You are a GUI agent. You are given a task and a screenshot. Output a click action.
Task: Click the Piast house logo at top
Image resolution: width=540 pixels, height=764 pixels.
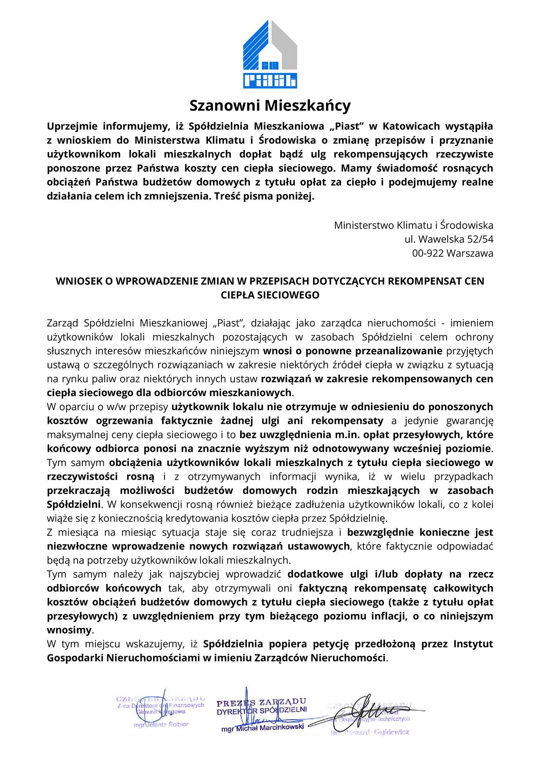point(270,54)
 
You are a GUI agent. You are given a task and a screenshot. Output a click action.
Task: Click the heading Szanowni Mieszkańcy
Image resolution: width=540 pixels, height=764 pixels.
point(270,105)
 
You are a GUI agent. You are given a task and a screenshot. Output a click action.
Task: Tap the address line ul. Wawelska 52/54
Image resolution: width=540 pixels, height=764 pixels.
point(448,239)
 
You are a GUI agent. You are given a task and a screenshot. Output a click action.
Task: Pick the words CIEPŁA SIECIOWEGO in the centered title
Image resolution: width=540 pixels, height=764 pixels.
point(270,295)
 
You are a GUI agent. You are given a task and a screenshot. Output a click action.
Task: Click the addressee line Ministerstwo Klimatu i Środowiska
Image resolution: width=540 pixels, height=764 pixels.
point(413,225)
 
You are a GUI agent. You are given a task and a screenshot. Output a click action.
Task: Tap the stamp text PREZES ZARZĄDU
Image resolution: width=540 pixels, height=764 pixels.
point(261,703)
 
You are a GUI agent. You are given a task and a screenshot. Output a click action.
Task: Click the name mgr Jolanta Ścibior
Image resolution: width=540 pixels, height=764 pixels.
point(161,724)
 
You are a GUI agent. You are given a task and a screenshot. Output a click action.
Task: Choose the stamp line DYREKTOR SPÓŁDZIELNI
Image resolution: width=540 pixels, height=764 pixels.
point(262,711)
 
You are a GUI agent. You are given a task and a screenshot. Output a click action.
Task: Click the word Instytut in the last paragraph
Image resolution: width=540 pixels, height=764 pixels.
point(473,644)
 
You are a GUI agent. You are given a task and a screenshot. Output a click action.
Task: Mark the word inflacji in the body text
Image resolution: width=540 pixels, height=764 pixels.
point(389,616)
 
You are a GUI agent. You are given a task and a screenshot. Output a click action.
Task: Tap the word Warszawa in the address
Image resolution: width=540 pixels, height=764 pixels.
point(470,253)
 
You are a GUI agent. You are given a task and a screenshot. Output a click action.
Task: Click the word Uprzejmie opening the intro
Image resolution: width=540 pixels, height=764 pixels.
point(72,126)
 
